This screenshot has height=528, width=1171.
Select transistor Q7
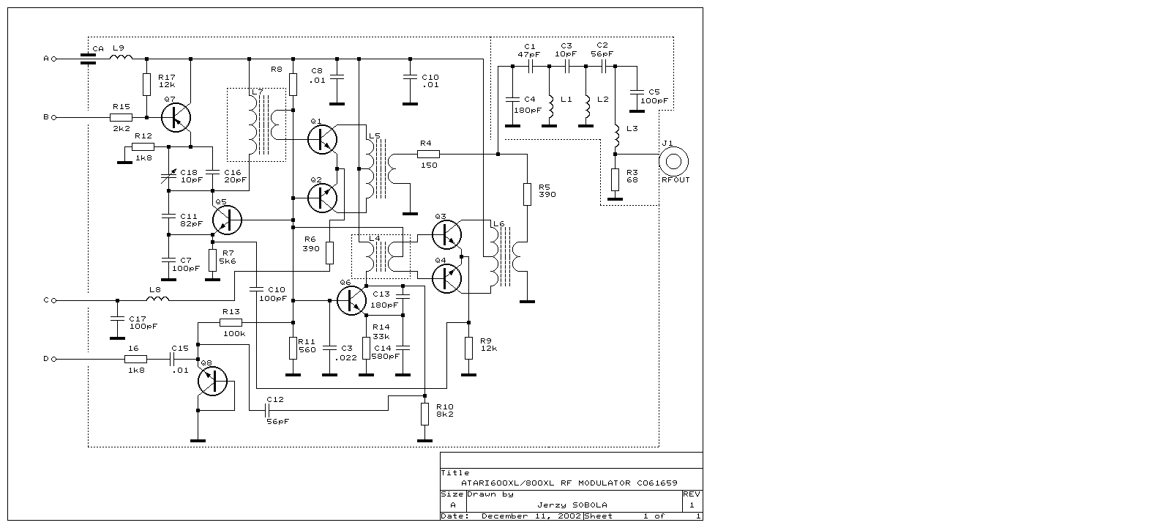pyautogui.click(x=176, y=117)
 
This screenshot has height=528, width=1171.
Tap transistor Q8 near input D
pyautogui.click(x=213, y=381)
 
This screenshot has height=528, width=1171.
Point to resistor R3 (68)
pyautogui.click(x=615, y=178)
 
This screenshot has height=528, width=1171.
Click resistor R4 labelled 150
pyautogui.click(x=428, y=154)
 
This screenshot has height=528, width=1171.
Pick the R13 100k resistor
pyautogui.click(x=231, y=322)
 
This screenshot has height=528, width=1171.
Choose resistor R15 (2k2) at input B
pyautogui.click(x=121, y=117)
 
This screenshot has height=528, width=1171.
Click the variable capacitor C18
pyautogui.click(x=169, y=176)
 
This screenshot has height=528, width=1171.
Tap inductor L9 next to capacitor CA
pyautogui.click(x=121, y=57)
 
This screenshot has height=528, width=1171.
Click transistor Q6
pyautogui.click(x=351, y=300)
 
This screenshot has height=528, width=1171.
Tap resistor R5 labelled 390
pyautogui.click(x=527, y=193)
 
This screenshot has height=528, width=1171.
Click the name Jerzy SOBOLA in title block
pyautogui.click(x=572, y=505)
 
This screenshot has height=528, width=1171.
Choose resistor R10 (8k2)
pyautogui.click(x=424, y=414)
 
